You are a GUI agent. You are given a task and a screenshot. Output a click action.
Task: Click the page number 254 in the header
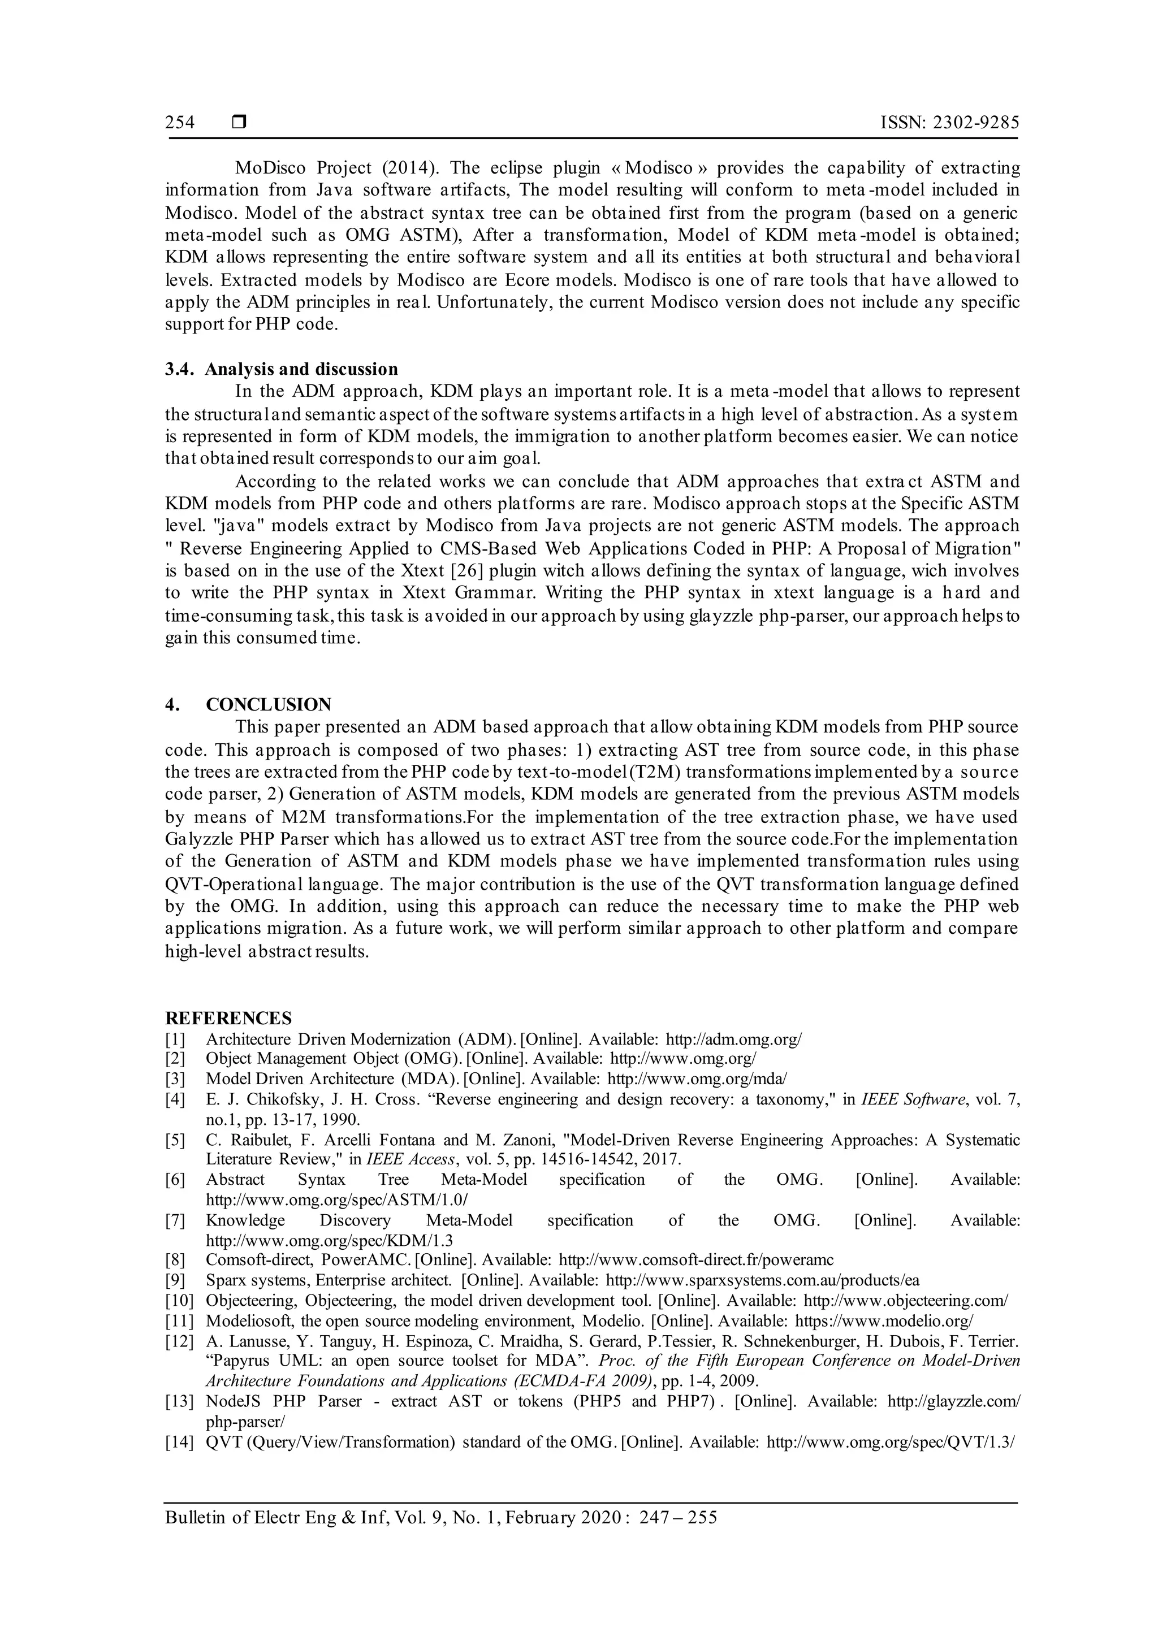coord(180,123)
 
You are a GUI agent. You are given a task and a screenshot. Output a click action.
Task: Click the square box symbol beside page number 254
coord(239,123)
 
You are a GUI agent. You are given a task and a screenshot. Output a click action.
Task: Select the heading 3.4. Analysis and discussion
coord(282,369)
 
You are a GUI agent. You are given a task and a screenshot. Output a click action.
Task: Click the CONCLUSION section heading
coord(268,704)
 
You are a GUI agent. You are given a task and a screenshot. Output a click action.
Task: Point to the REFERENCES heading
coord(228,1018)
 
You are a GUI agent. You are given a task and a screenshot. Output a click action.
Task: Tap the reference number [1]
coord(175,1040)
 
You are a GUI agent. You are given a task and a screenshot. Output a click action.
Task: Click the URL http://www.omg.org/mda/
coord(697,1080)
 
